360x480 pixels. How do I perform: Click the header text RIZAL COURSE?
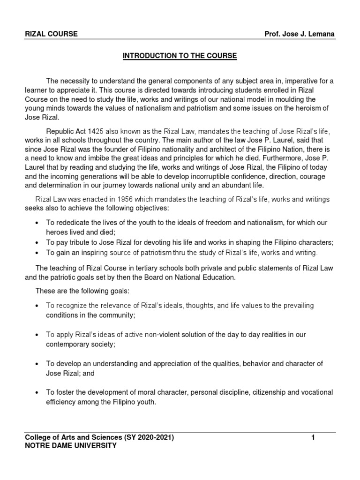tap(52, 34)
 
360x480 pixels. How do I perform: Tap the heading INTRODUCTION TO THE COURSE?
tap(180, 56)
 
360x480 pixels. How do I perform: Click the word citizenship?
tap(268, 392)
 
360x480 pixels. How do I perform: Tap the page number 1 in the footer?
tap(313, 438)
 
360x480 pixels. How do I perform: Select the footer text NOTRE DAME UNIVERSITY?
tap(70, 445)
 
